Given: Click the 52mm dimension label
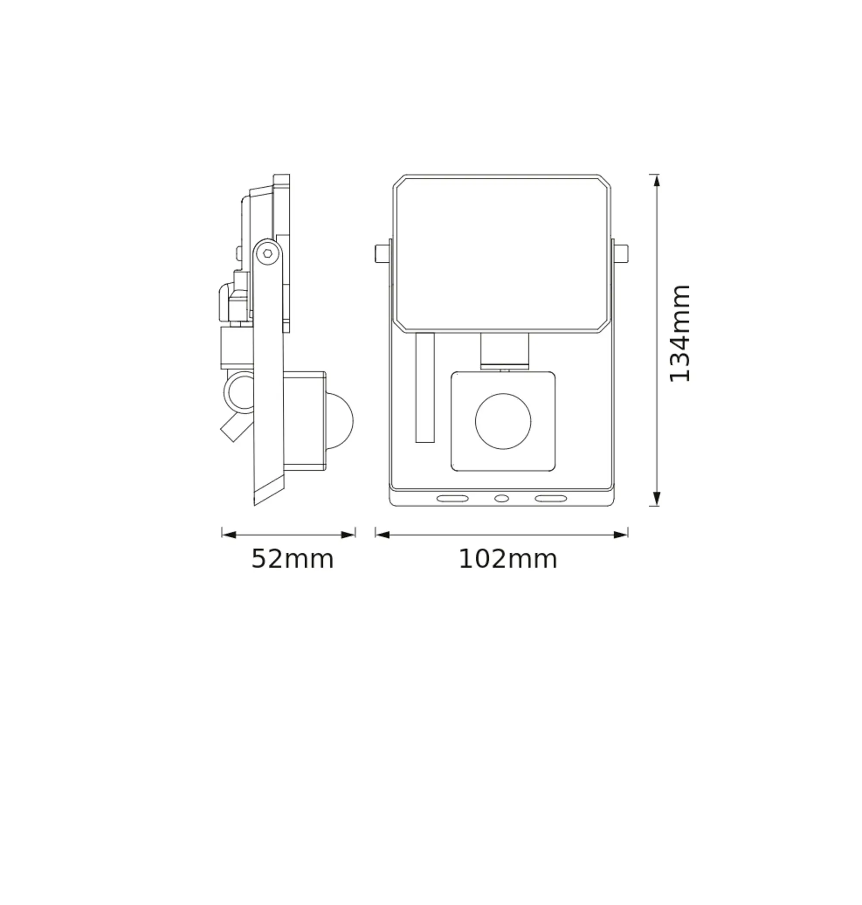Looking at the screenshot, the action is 292,559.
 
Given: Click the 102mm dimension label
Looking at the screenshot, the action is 508,559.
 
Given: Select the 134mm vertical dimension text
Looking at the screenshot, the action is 680,334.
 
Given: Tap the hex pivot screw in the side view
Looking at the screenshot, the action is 267,252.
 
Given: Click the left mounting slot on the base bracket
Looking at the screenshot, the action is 453,499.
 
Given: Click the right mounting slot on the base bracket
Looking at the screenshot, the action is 551,499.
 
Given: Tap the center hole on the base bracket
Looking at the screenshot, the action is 501,499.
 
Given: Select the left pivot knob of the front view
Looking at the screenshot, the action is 382,253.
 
